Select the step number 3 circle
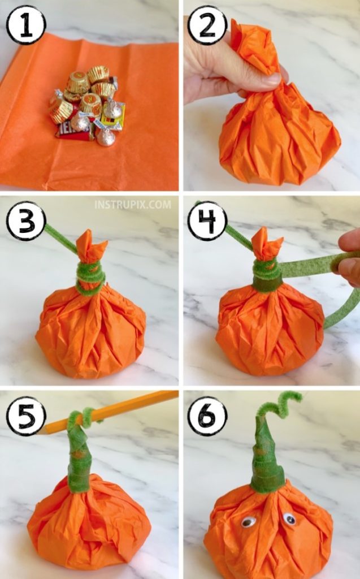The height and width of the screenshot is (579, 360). click(25, 221)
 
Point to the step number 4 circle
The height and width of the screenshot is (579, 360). click(207, 221)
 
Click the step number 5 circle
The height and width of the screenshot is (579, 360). click(25, 416)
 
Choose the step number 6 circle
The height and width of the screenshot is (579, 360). click(207, 416)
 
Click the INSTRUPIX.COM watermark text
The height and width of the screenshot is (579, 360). click(133, 205)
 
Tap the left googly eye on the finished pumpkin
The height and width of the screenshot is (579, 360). click(248, 522)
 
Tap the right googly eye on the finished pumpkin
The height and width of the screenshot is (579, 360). click(289, 518)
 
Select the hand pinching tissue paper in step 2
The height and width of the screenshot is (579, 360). click(226, 68)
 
